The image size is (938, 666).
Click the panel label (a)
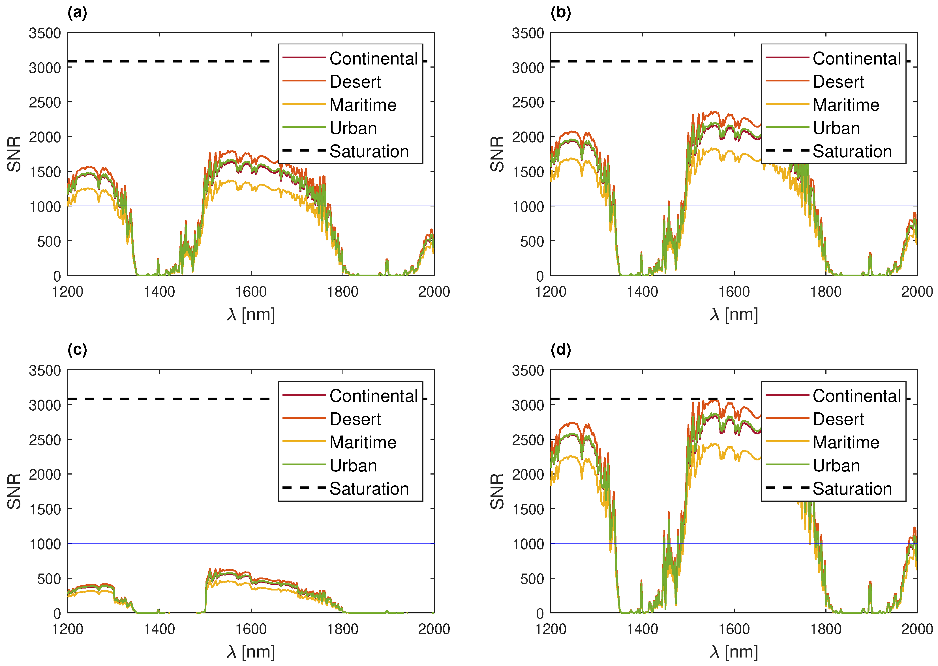[x=77, y=13]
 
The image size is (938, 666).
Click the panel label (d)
[x=560, y=350]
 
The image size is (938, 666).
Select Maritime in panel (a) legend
[x=363, y=105]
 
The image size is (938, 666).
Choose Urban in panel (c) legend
[x=353, y=465]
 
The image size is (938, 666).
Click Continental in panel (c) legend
[x=373, y=396]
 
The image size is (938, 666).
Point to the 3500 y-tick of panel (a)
[x=45, y=33]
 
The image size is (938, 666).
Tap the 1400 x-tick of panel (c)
[x=159, y=629]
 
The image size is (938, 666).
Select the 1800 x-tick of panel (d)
[x=826, y=629]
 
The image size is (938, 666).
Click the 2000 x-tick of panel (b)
[x=917, y=292]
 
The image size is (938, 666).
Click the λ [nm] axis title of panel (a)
[x=251, y=314]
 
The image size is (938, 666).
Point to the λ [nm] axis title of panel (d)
[x=734, y=652]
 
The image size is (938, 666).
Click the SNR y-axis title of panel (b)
[x=497, y=154]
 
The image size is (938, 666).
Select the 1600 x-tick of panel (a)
[x=251, y=292]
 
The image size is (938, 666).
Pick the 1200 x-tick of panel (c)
[x=67, y=629]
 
